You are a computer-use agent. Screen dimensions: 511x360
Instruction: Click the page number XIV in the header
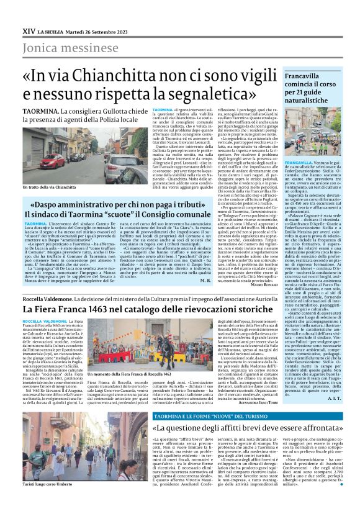click(x=28, y=30)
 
